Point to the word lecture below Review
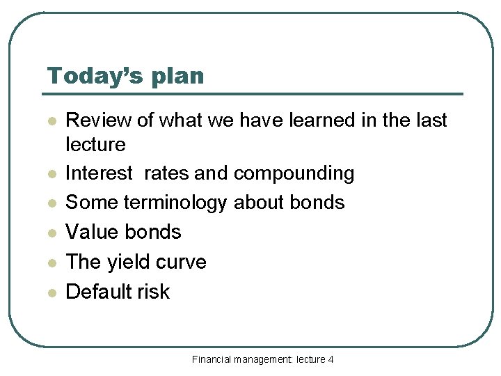point(95,144)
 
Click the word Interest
point(98,173)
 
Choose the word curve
point(183,263)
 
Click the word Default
point(97,291)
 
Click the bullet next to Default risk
point(50,292)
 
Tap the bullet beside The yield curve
point(50,263)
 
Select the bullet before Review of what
point(50,121)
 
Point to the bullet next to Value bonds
point(50,233)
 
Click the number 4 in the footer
point(331,359)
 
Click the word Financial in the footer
point(212,359)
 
